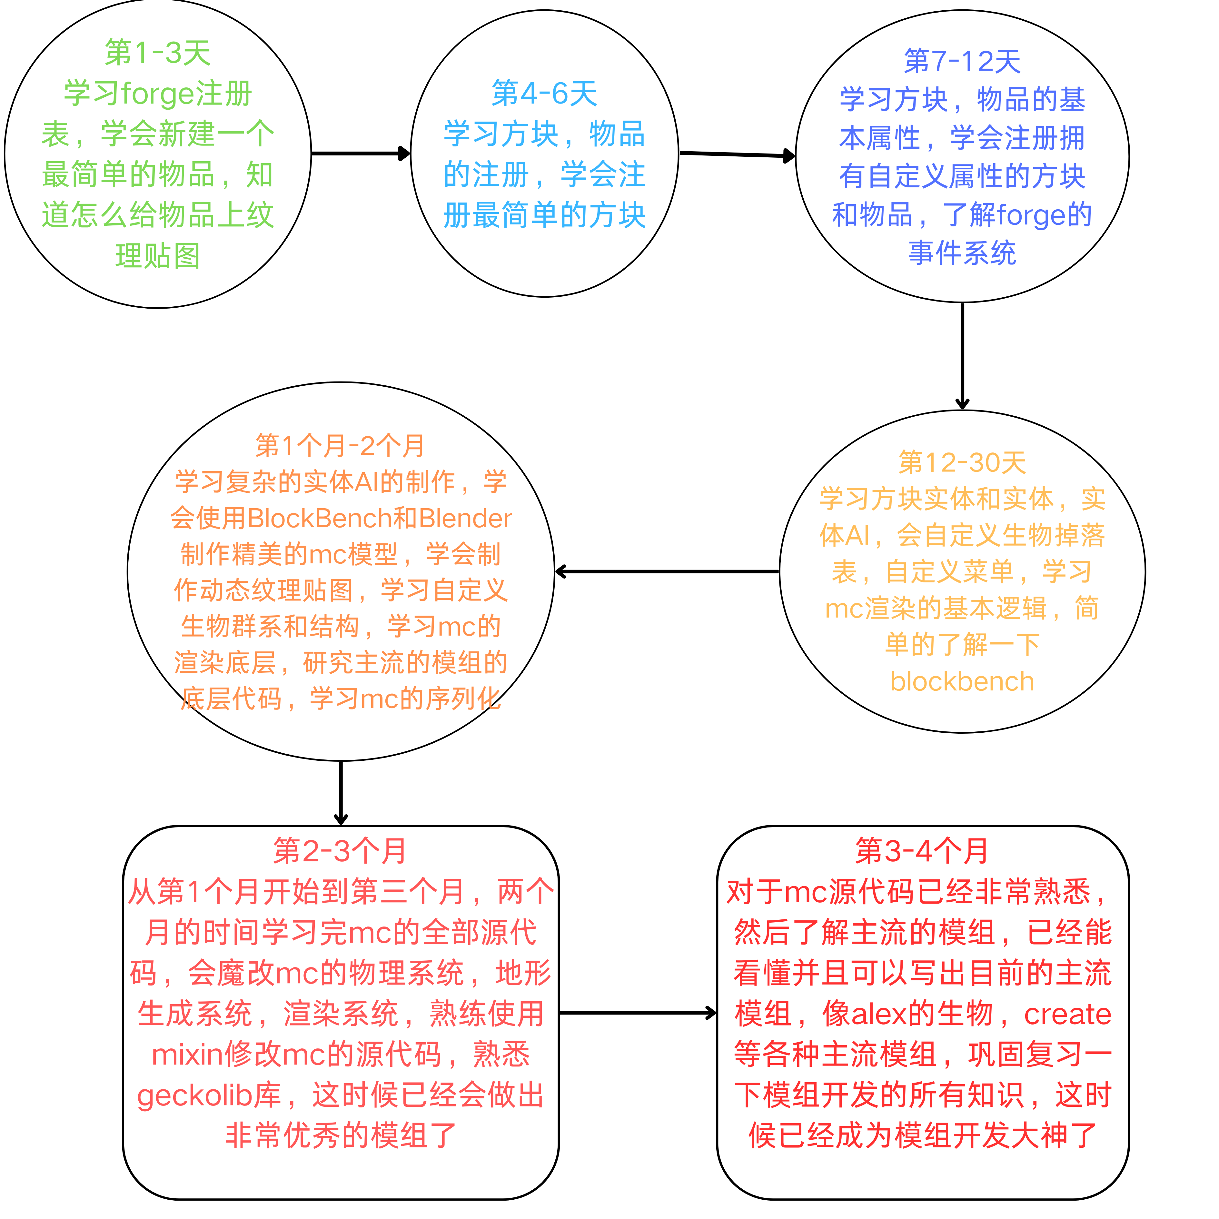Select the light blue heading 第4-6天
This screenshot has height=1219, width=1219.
(x=544, y=94)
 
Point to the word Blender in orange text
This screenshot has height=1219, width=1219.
(x=465, y=518)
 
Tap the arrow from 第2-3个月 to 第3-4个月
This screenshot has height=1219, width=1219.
(x=637, y=1013)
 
